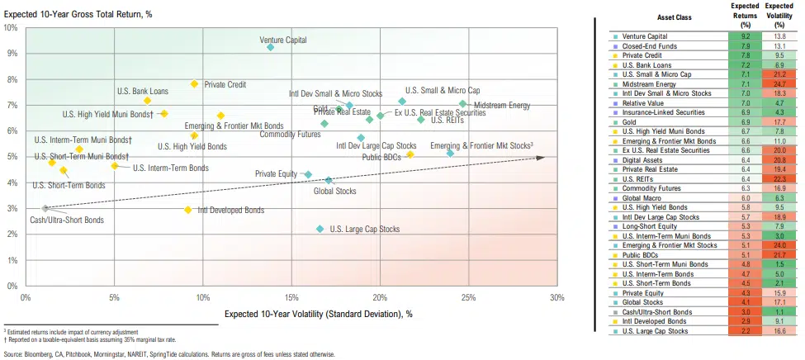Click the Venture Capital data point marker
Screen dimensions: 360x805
coord(270,47)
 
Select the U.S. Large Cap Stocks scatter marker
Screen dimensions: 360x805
coord(320,229)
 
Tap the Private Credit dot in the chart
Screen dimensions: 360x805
coord(194,83)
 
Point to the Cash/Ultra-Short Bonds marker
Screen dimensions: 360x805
coord(45,209)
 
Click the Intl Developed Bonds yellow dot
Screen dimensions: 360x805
coord(188,210)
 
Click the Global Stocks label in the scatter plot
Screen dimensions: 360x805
coord(335,191)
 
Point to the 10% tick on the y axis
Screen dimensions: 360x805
coord(12,27)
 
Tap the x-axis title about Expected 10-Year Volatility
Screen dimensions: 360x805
coord(318,314)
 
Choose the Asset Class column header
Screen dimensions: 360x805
coord(662,16)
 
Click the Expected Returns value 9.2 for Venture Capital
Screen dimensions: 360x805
coord(745,37)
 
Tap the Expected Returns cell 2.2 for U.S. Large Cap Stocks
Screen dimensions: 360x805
coord(745,331)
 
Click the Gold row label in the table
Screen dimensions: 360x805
coord(629,121)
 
